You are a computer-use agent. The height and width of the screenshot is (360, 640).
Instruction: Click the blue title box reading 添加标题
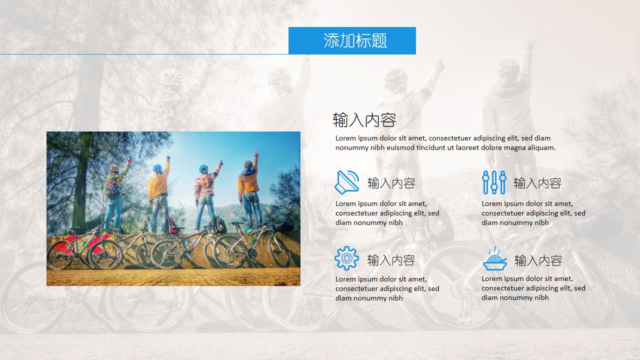pyautogui.click(x=352, y=40)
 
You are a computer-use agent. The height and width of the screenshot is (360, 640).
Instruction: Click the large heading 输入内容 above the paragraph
pyautogui.click(x=364, y=120)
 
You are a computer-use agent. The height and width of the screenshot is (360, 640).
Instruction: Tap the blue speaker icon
pyautogui.click(x=346, y=182)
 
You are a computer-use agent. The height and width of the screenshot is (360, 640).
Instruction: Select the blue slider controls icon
pyautogui.click(x=493, y=182)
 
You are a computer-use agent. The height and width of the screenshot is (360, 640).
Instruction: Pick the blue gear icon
pyautogui.click(x=346, y=258)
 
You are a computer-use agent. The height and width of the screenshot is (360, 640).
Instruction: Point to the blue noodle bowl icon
pyautogui.click(x=494, y=259)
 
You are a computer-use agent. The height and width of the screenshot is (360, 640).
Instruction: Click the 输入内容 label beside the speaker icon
pyautogui.click(x=391, y=183)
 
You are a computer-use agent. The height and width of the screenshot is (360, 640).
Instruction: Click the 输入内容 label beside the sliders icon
pyautogui.click(x=537, y=183)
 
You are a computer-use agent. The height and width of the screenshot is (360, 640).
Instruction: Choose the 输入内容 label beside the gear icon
pyautogui.click(x=391, y=260)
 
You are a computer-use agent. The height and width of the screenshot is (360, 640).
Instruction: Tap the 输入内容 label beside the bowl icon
pyautogui.click(x=538, y=260)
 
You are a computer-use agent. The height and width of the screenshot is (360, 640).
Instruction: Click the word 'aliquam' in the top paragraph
pyautogui.click(x=540, y=147)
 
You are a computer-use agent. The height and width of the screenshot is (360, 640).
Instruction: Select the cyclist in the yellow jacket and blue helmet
pyautogui.click(x=158, y=192)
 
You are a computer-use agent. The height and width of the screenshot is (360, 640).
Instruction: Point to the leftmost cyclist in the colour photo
pyautogui.click(x=114, y=195)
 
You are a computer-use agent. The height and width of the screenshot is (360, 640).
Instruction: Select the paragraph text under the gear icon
pyautogui.click(x=387, y=288)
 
